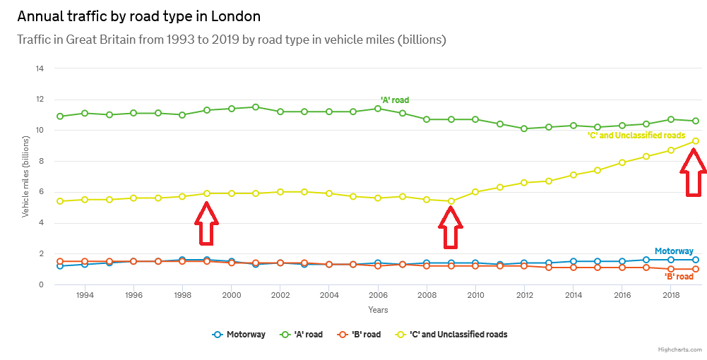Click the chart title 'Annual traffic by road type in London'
138,16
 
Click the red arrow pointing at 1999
206,223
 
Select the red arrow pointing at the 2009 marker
451,227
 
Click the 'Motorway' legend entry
239,334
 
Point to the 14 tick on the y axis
40,68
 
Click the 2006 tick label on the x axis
378,295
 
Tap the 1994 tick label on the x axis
85,295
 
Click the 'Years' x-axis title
378,309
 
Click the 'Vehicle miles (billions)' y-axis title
26,176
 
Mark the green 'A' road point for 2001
256,107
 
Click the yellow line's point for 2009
451,201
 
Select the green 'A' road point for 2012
524,129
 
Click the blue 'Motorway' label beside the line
674,251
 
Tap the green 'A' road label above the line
395,100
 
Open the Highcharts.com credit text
680,349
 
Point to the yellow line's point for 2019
696,141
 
